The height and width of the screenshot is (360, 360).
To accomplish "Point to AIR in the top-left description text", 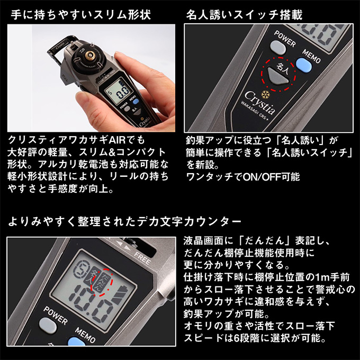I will pos(121,141).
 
